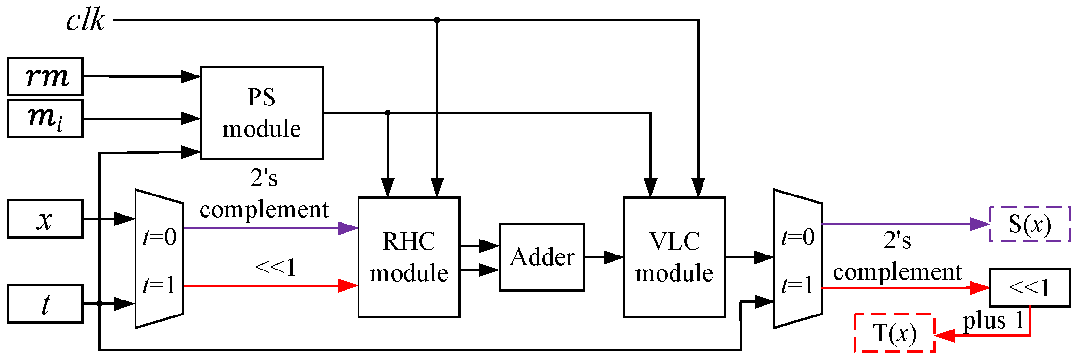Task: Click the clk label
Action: [x=85, y=21]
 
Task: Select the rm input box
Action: [x=45, y=76]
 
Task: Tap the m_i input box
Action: [x=45, y=119]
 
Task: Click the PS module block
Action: [x=262, y=113]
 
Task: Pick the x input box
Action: [x=45, y=219]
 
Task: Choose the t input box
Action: [x=45, y=304]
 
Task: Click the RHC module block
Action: [x=409, y=257]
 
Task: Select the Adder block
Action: [x=542, y=257]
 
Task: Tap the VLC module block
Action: [x=674, y=257]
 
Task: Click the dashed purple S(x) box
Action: [x=1030, y=224]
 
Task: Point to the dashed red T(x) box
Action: [x=895, y=333]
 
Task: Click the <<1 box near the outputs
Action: [x=1030, y=288]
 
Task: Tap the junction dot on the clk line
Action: [x=437, y=20]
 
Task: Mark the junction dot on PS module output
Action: [x=388, y=113]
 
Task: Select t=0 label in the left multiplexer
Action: [x=160, y=237]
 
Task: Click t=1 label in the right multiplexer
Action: [x=798, y=285]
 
